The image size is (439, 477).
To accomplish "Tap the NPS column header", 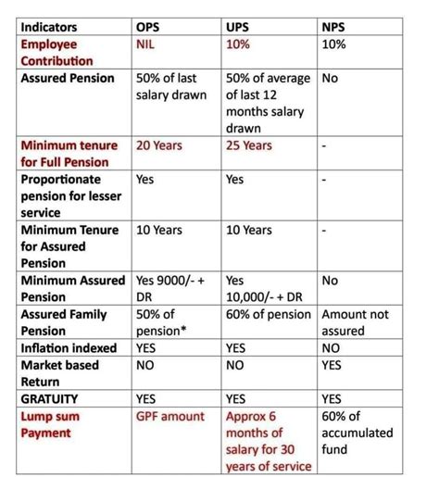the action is (334, 27).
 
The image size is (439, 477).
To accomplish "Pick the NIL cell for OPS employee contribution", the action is (147, 44).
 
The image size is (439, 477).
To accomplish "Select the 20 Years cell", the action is (159, 145).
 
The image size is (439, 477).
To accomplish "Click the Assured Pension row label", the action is (68, 79).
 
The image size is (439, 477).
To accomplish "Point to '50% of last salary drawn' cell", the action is (171, 87).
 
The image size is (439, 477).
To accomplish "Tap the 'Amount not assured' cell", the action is (356, 322).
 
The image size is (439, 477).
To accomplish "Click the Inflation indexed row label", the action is (69, 348).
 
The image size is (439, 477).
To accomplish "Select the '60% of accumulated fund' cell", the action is (357, 433).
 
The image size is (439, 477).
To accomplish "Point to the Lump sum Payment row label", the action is (51, 425).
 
